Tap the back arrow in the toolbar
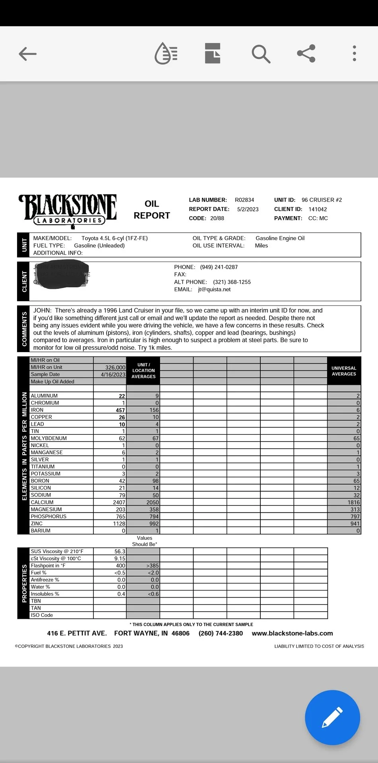click(27, 54)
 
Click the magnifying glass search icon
click(261, 54)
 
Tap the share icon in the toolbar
click(306, 53)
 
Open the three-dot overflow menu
click(354, 53)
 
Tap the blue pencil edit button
click(332, 717)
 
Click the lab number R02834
click(244, 200)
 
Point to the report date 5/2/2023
click(248, 209)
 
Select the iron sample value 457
click(120, 410)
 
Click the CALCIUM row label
click(42, 502)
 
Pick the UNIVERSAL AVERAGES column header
click(344, 371)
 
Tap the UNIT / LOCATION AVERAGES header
click(143, 370)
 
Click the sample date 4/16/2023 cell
click(113, 374)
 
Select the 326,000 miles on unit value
click(115, 368)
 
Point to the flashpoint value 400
click(120, 565)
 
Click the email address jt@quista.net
click(214, 289)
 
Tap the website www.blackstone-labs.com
click(292, 633)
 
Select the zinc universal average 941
click(355, 524)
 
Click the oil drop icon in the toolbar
click(166, 54)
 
